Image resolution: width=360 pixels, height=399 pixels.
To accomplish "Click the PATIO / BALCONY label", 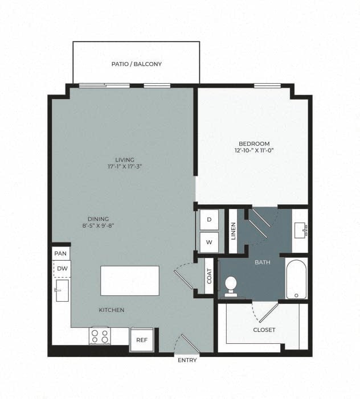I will click(x=136, y=64).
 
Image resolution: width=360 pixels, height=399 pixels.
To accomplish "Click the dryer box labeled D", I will click(x=209, y=220).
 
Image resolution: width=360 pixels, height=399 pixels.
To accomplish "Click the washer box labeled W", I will click(x=209, y=242).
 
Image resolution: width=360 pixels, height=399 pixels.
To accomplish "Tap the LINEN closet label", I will click(x=233, y=232).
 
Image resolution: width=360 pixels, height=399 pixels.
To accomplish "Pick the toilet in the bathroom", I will click(x=231, y=285).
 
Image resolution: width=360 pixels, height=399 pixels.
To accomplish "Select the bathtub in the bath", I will click(x=296, y=279).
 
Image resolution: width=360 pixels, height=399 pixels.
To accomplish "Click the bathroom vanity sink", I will click(x=300, y=231).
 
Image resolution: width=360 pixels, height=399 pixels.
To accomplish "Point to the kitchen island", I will click(x=130, y=280).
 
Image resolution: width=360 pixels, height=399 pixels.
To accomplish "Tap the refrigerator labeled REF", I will click(x=141, y=340).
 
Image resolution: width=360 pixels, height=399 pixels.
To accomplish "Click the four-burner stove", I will click(x=100, y=336).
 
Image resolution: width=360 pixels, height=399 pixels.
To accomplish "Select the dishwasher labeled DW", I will click(x=62, y=268).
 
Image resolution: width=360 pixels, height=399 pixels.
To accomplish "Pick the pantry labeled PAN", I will click(x=60, y=253).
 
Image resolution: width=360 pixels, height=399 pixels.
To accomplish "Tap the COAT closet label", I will click(x=209, y=276).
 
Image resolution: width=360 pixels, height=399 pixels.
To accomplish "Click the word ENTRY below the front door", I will click(x=187, y=360).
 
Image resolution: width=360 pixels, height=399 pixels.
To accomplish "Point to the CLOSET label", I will click(x=264, y=330).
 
